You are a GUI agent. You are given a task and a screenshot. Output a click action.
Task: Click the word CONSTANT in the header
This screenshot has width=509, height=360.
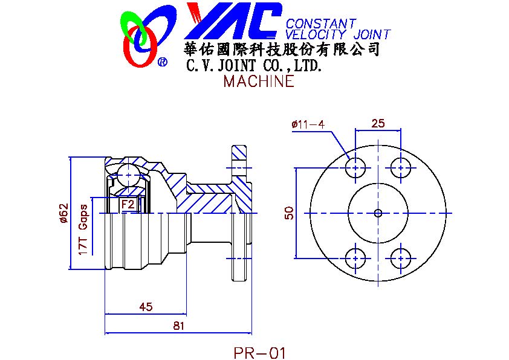pos(320,24)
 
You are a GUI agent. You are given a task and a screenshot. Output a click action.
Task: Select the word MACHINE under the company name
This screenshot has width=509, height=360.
pos(258,82)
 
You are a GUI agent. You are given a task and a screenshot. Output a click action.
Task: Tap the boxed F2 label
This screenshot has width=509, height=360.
pos(128,204)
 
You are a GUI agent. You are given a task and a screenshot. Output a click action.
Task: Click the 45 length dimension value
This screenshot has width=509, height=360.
pos(145,307)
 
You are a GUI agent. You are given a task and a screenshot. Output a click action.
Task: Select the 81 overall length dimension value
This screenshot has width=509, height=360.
pos(178,326)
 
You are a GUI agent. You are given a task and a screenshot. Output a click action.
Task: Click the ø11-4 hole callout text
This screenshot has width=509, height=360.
pos(308,124)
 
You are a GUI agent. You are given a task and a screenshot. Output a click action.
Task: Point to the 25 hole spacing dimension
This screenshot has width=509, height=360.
pos(378,124)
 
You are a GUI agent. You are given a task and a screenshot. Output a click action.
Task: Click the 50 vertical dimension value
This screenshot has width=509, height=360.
pos(289,213)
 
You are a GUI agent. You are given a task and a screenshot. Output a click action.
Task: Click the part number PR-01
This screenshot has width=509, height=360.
pos(259,352)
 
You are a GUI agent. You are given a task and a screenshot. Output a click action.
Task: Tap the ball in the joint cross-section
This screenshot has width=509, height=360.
pos(128,174)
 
